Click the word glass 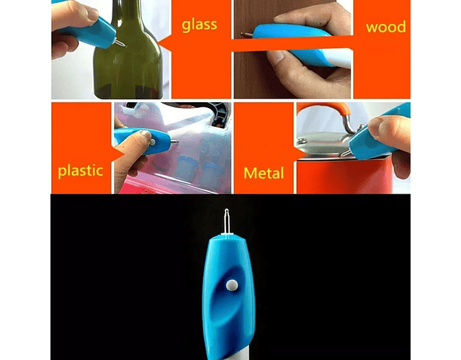coord(200,25)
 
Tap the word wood coord(386,27)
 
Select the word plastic coord(81,171)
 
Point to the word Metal coord(264,173)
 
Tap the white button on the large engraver coord(232,285)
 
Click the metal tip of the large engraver coord(226,221)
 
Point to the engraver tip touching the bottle coord(120,43)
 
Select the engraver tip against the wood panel coord(247,35)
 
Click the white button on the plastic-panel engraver coord(153,143)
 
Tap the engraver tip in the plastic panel coord(174,142)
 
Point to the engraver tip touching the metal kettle coord(346,153)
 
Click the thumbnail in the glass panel coord(93,13)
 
